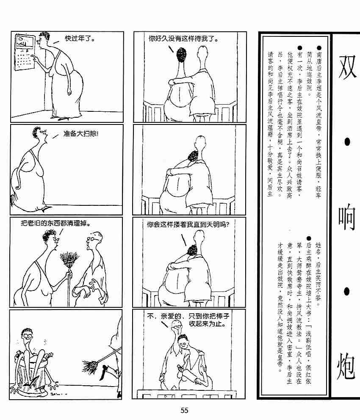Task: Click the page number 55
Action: [184, 410]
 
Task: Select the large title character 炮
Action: [346, 366]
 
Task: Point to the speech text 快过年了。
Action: [80, 39]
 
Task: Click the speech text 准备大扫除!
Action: [81, 133]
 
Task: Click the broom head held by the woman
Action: [69, 259]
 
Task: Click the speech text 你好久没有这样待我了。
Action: [183, 39]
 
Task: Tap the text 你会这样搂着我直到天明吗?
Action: [188, 224]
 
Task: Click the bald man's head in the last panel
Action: [176, 326]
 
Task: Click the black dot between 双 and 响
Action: [347, 141]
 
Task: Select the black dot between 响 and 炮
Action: [347, 291]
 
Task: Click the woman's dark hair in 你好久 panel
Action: [181, 55]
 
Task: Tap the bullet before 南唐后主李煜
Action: [319, 48]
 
